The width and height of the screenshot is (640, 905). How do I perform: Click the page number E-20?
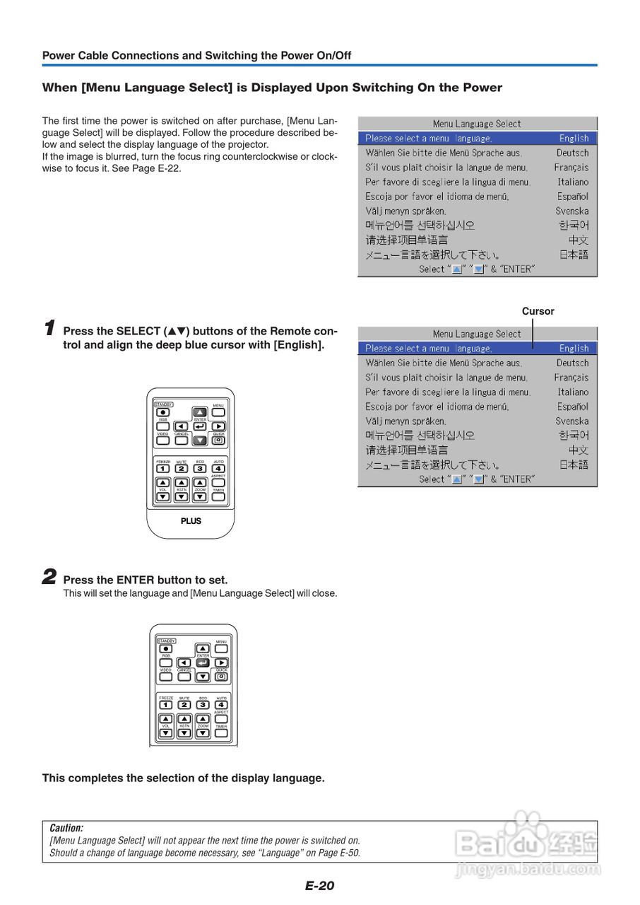[319, 886]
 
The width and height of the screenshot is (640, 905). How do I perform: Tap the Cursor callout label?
[538, 311]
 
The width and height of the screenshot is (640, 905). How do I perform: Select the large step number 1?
[49, 328]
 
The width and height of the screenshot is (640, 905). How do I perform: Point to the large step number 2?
[49, 577]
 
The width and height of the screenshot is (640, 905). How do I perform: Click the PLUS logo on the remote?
[191, 521]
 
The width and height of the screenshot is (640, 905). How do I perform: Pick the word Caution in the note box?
[66, 827]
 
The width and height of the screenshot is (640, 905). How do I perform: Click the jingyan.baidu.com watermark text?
[526, 869]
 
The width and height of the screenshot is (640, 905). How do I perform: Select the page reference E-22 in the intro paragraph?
[167, 168]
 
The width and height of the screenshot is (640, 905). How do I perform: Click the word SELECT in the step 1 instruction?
[138, 331]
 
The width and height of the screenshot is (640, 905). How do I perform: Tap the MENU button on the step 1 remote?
[218, 412]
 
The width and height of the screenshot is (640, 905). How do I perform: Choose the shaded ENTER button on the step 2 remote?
[203, 662]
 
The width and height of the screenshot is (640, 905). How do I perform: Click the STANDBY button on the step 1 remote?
[164, 411]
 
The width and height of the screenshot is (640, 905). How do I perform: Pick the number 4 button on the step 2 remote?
[221, 704]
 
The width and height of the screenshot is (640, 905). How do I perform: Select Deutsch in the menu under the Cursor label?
[572, 363]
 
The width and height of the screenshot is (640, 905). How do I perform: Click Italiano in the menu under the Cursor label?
[572, 392]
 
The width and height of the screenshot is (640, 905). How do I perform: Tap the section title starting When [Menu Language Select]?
[272, 88]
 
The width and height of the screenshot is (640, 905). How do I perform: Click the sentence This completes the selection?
[183, 778]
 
